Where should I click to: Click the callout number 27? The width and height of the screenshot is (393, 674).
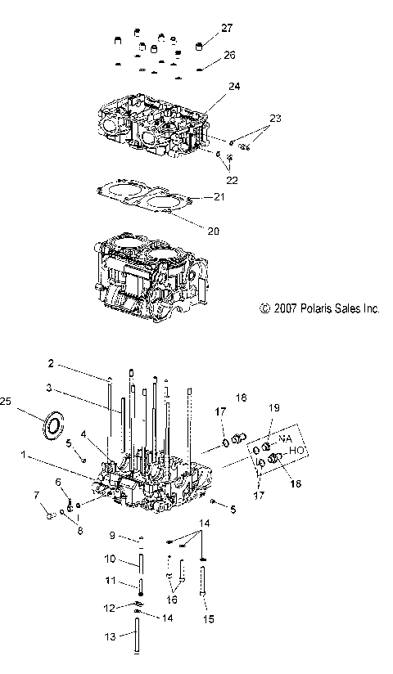coord(227,27)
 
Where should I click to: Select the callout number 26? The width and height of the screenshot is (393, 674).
coord(229,54)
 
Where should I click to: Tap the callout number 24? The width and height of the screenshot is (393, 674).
coord(234,86)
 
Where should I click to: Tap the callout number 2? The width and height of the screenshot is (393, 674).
coord(73,363)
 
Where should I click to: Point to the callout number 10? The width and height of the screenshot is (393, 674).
coord(112,559)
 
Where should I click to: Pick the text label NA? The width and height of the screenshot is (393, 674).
coord(285,438)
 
